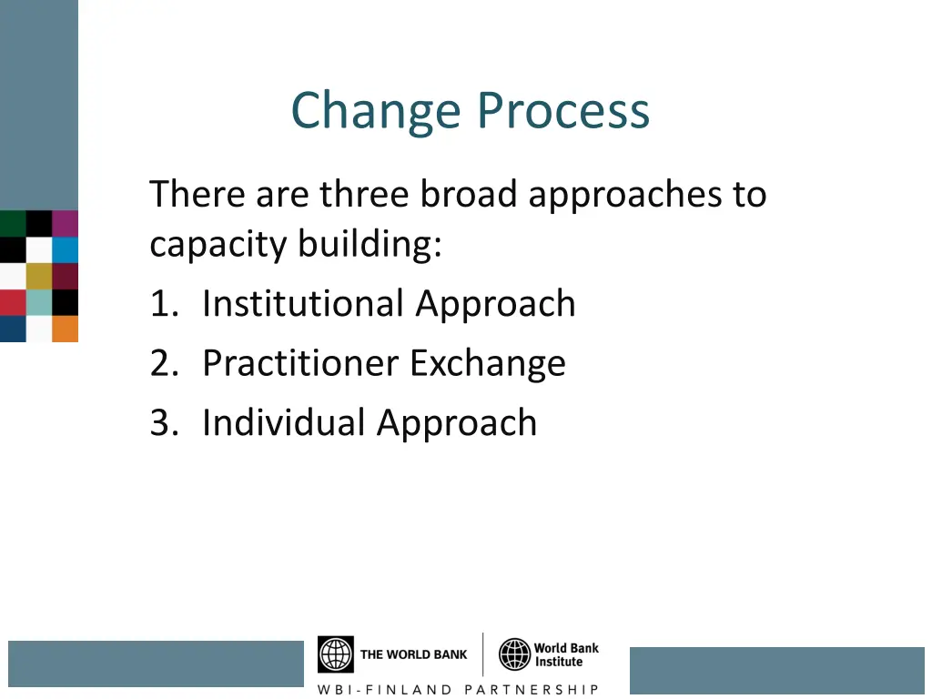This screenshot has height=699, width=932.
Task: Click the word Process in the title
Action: click(564, 111)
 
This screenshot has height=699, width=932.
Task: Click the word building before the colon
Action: click(369, 244)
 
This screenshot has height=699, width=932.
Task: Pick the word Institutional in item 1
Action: click(303, 303)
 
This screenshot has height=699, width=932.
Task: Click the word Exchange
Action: click(487, 363)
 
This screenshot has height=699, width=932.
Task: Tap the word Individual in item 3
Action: click(284, 422)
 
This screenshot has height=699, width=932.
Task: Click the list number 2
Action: click(161, 363)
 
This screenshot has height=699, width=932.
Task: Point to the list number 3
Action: click(161, 423)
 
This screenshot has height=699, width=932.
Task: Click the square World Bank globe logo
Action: click(335, 654)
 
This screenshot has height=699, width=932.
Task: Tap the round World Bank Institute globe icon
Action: click(514, 654)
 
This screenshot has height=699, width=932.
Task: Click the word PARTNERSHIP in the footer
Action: click(532, 689)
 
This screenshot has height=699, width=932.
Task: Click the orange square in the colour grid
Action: click(66, 329)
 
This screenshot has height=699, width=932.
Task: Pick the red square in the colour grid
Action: click(13, 302)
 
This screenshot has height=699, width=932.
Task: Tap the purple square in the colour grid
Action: click(66, 224)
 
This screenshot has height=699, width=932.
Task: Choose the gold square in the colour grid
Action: click(39, 276)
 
